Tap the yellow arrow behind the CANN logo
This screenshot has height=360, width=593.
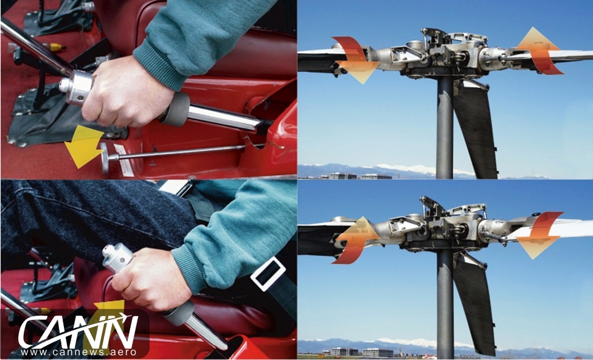109,317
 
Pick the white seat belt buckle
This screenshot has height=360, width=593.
268,274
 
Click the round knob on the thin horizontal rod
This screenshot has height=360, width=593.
105,157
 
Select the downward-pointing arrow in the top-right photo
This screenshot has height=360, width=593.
356,60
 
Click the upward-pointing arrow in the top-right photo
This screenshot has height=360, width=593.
539,50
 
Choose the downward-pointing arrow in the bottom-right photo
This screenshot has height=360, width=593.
538,235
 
